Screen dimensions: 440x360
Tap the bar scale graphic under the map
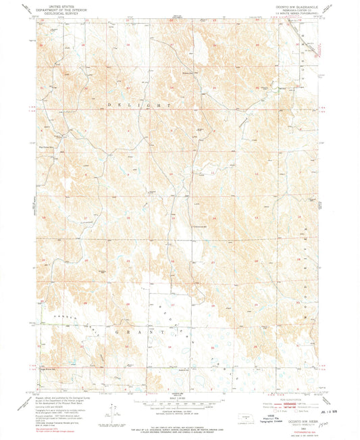(x=178, y=404)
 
